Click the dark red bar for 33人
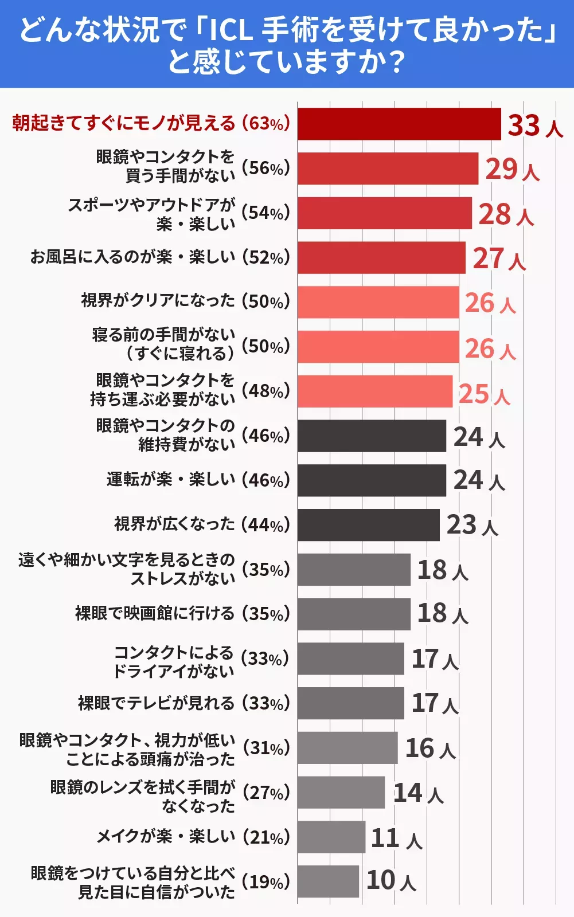[x=399, y=124]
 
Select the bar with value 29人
[x=388, y=168]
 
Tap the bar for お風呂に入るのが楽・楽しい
[x=381, y=258]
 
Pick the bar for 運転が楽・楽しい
[x=372, y=480]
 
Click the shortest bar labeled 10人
[x=328, y=881]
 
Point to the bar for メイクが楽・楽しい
[x=331, y=837]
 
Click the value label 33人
[x=535, y=126]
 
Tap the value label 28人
[x=506, y=215]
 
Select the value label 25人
[x=484, y=394]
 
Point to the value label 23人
[x=472, y=525]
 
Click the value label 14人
[x=418, y=793]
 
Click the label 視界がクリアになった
[x=158, y=300]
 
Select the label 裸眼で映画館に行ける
[x=155, y=613]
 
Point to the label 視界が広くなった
[x=174, y=524]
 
